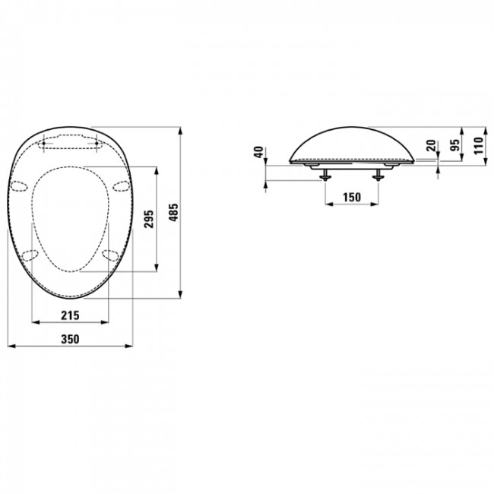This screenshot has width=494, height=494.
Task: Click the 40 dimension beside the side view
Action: pyautogui.click(x=258, y=152)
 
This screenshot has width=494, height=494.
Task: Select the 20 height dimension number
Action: pyautogui.click(x=430, y=146)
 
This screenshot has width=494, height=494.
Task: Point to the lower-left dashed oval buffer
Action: pyautogui.click(x=30, y=254)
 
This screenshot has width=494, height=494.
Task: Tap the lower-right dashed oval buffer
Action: pyautogui.click(x=111, y=254)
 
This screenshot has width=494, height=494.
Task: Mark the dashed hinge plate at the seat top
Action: pyautogui.click(x=71, y=142)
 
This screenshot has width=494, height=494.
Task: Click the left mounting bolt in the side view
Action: pyautogui.click(x=325, y=174)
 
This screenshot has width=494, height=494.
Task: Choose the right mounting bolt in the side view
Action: pyautogui.click(x=378, y=174)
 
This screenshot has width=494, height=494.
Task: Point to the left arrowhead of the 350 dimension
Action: pyautogui.click(x=10, y=347)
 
